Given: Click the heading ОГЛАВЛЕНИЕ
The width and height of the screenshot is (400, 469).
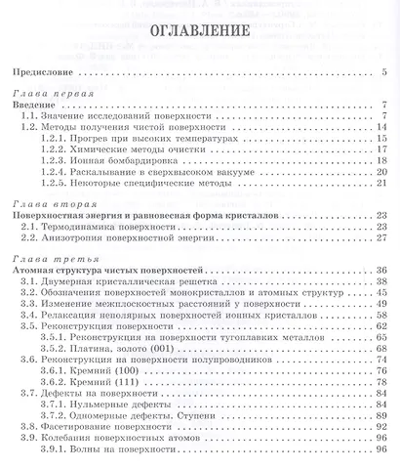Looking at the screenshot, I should click(x=200, y=36).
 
